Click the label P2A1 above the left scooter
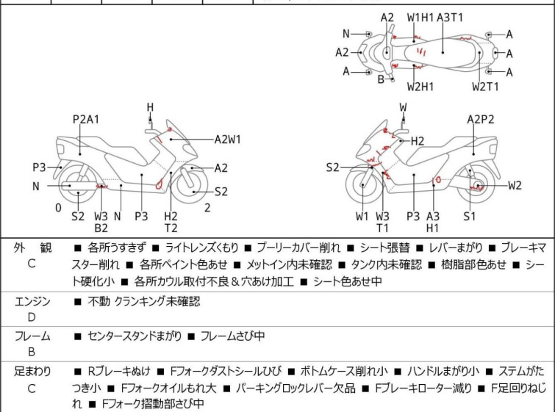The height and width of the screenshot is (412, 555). (x=86, y=120)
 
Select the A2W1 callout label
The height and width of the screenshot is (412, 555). (x=228, y=138)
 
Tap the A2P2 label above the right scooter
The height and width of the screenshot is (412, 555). (x=481, y=120)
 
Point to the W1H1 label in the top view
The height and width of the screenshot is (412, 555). (x=421, y=17)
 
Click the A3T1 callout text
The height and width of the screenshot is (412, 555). (x=450, y=17)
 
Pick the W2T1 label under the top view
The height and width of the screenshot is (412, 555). (x=485, y=86)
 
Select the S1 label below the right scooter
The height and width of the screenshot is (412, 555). (x=469, y=216)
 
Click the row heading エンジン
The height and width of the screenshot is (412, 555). (x=32, y=301)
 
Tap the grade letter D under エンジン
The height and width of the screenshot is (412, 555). (x=32, y=317)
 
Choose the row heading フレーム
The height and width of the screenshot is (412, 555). (x=32, y=336)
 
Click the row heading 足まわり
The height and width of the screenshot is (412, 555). (x=32, y=372)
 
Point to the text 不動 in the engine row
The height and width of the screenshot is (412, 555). (x=99, y=301)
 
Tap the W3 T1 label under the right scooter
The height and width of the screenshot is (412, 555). (x=383, y=222)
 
